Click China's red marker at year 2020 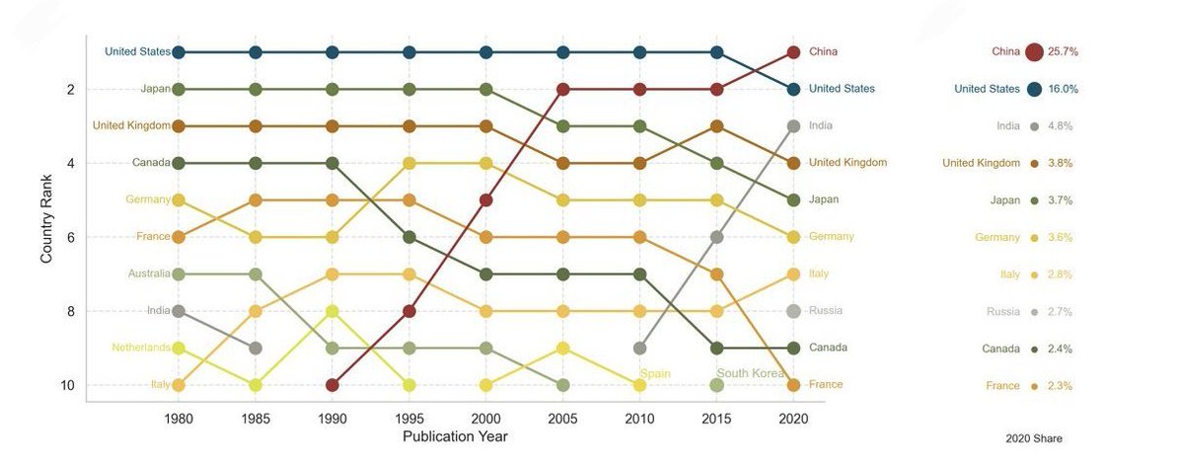click(793, 51)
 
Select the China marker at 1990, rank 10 click(333, 384)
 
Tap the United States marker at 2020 click(793, 89)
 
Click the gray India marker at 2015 click(716, 237)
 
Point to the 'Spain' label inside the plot click(655, 374)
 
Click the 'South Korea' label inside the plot click(751, 373)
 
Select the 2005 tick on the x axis click(562, 419)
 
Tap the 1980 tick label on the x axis click(179, 419)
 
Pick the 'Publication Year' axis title click(455, 436)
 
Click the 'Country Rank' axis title click(46, 218)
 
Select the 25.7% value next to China click(1062, 52)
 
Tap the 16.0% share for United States click(1063, 89)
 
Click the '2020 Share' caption click(1033, 438)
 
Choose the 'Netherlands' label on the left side click(140, 348)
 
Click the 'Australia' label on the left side click(149, 273)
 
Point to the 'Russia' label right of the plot click(826, 310)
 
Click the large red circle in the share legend click(1034, 52)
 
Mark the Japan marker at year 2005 click(562, 125)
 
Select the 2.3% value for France click(1060, 386)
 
